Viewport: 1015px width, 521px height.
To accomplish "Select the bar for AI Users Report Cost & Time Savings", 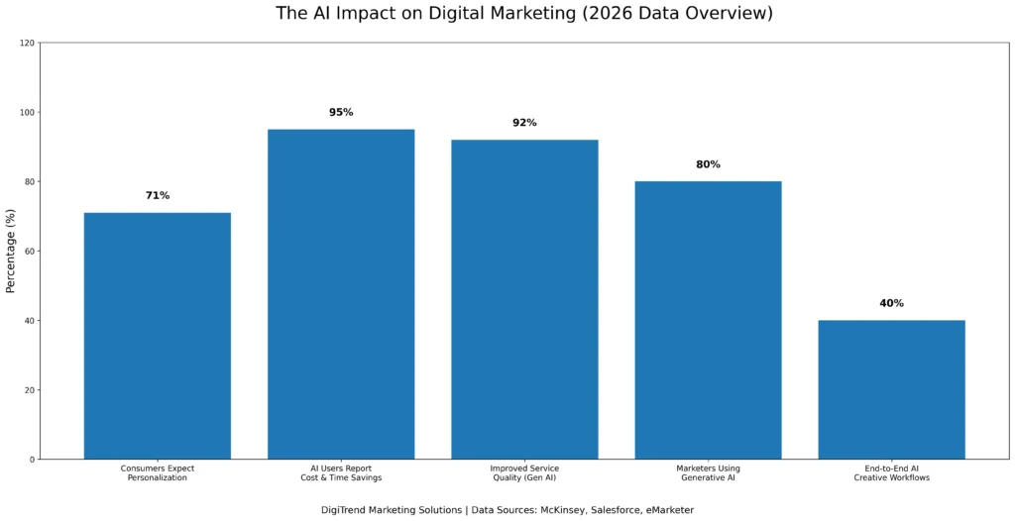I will pyautogui.click(x=341, y=293).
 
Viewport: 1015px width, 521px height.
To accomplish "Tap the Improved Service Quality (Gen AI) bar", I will pyautogui.click(x=524, y=299).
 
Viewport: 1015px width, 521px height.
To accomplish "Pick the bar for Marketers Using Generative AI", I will pyautogui.click(x=708, y=320).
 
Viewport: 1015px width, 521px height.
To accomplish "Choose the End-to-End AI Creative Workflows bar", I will pyautogui.click(x=891, y=389).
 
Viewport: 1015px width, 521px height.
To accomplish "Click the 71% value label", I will pyautogui.click(x=158, y=196).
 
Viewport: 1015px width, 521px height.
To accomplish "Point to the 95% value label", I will pyautogui.click(x=341, y=113).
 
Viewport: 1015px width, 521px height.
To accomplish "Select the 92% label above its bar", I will pyautogui.click(x=524, y=123).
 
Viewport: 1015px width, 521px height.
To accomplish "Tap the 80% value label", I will pyautogui.click(x=708, y=164).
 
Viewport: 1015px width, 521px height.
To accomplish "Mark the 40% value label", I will pyautogui.click(x=891, y=303).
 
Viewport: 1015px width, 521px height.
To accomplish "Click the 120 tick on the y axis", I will pyautogui.click(x=27, y=44).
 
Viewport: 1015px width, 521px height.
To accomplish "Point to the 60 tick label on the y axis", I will pyautogui.click(x=29, y=252).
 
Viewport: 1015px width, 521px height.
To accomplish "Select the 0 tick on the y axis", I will pyautogui.click(x=32, y=460).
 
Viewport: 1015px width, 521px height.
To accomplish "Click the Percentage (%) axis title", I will pyautogui.click(x=11, y=251).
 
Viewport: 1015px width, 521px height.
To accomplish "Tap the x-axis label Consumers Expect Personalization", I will pyautogui.click(x=157, y=472).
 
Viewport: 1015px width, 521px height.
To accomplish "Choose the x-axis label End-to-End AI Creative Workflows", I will pyautogui.click(x=891, y=472).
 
